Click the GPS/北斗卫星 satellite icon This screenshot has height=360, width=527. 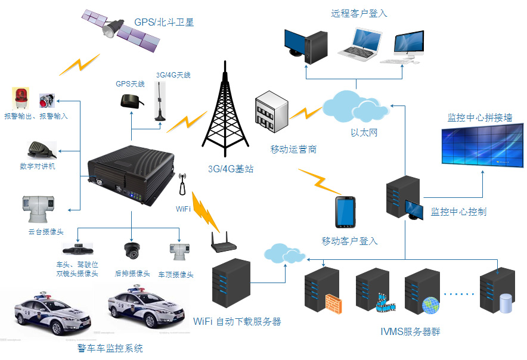click(x=122, y=30)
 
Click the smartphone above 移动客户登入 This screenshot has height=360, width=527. click(x=346, y=212)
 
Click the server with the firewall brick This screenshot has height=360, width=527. click(x=322, y=292)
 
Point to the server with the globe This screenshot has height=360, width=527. click(x=422, y=292)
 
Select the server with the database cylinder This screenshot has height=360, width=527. click(x=497, y=292)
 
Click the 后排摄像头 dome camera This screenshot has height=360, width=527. click(x=131, y=250)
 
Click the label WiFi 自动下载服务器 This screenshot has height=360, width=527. click(x=237, y=322)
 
